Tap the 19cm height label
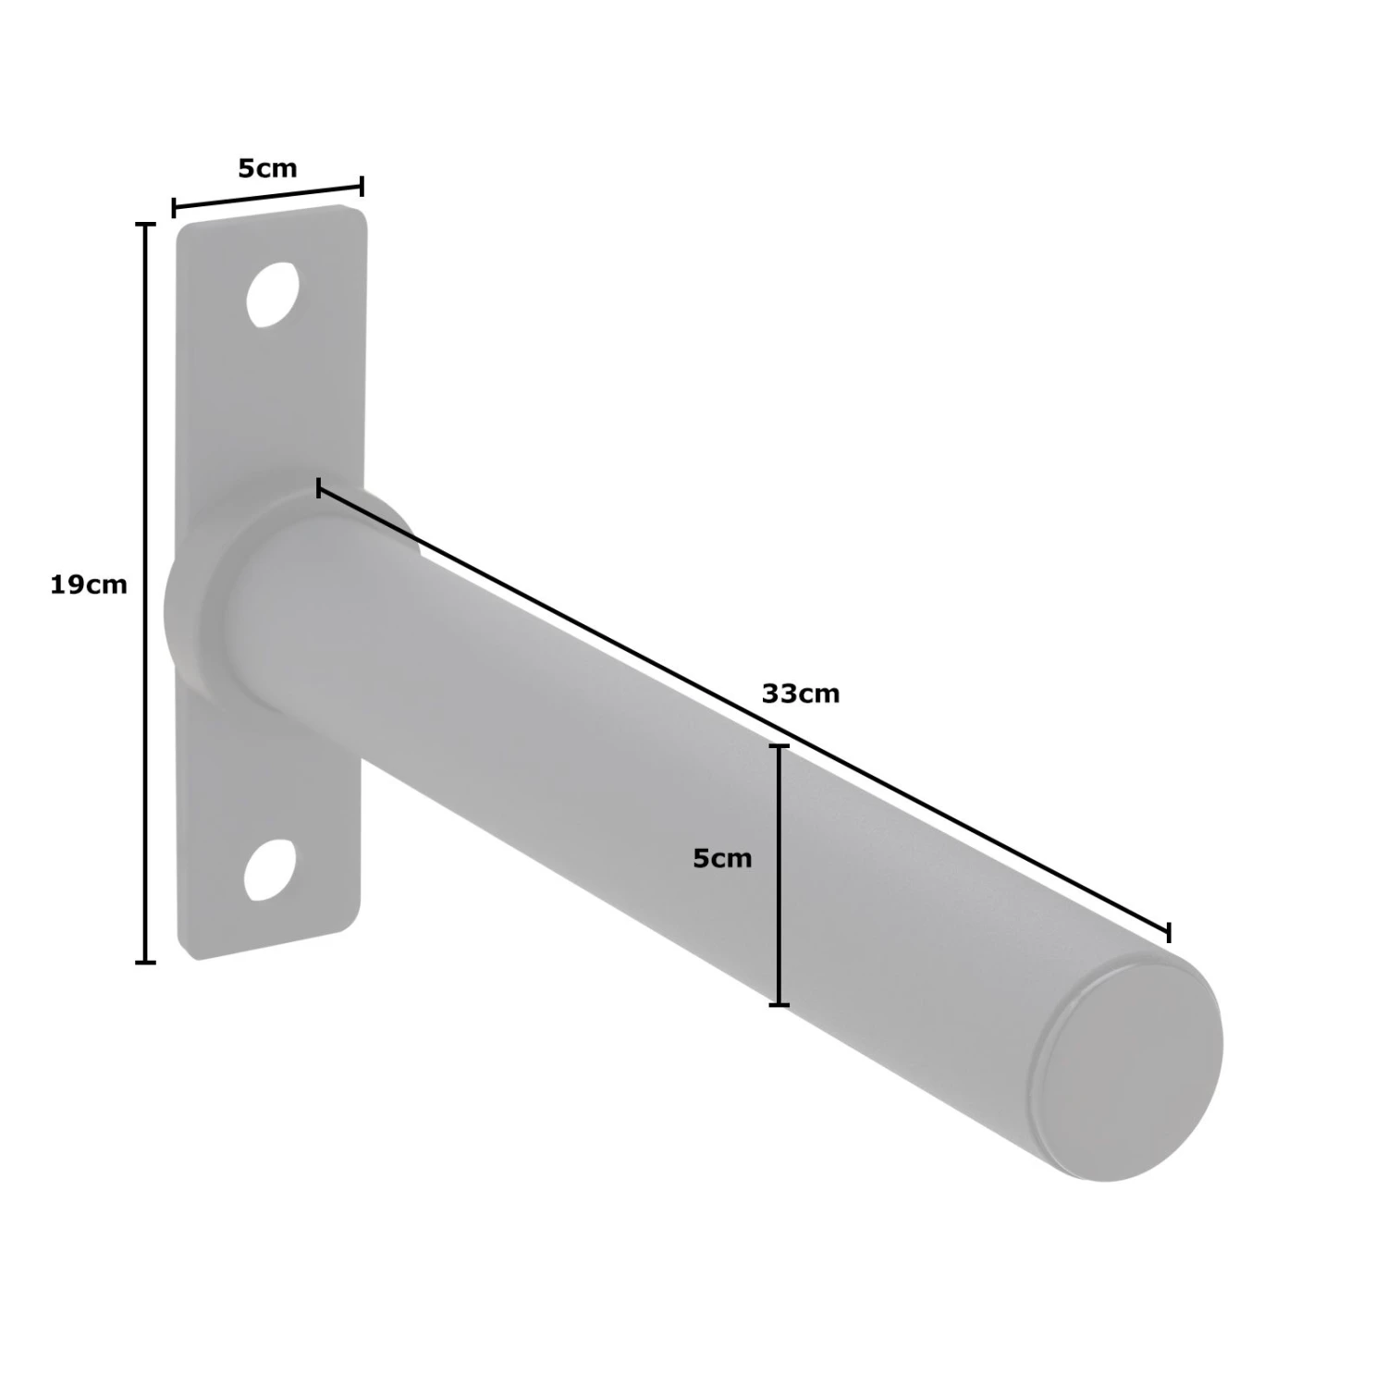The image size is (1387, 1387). [x=89, y=585]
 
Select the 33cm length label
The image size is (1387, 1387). [x=801, y=693]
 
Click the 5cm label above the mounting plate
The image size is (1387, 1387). [x=268, y=168]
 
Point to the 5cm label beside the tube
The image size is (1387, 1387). [x=723, y=859]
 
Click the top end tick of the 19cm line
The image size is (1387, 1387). [x=145, y=225]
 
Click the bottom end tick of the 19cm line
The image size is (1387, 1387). [x=145, y=962]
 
